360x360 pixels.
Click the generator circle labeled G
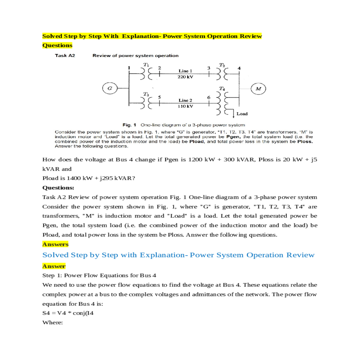tap(110, 88)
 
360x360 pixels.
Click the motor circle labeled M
tap(258, 88)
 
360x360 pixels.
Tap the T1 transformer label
tap(146, 64)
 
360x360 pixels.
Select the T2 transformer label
tap(222, 65)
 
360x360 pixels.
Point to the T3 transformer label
tap(146, 94)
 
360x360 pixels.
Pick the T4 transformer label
tap(222, 88)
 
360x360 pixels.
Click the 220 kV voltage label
tap(185, 77)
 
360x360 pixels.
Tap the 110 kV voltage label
tap(185, 106)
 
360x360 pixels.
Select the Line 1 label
tap(185, 71)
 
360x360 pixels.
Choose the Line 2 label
tap(185, 100)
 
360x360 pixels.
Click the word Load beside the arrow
tap(242, 114)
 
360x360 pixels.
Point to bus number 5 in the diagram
tap(160, 97)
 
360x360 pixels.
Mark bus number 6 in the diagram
tap(209, 97)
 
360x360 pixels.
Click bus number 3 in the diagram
tap(209, 68)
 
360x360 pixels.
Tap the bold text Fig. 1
tap(129, 125)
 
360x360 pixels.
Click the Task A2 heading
tap(65, 55)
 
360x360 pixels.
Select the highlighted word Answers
tap(55, 244)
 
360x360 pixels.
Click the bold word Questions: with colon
tap(58, 188)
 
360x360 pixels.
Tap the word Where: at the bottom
tap(52, 322)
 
